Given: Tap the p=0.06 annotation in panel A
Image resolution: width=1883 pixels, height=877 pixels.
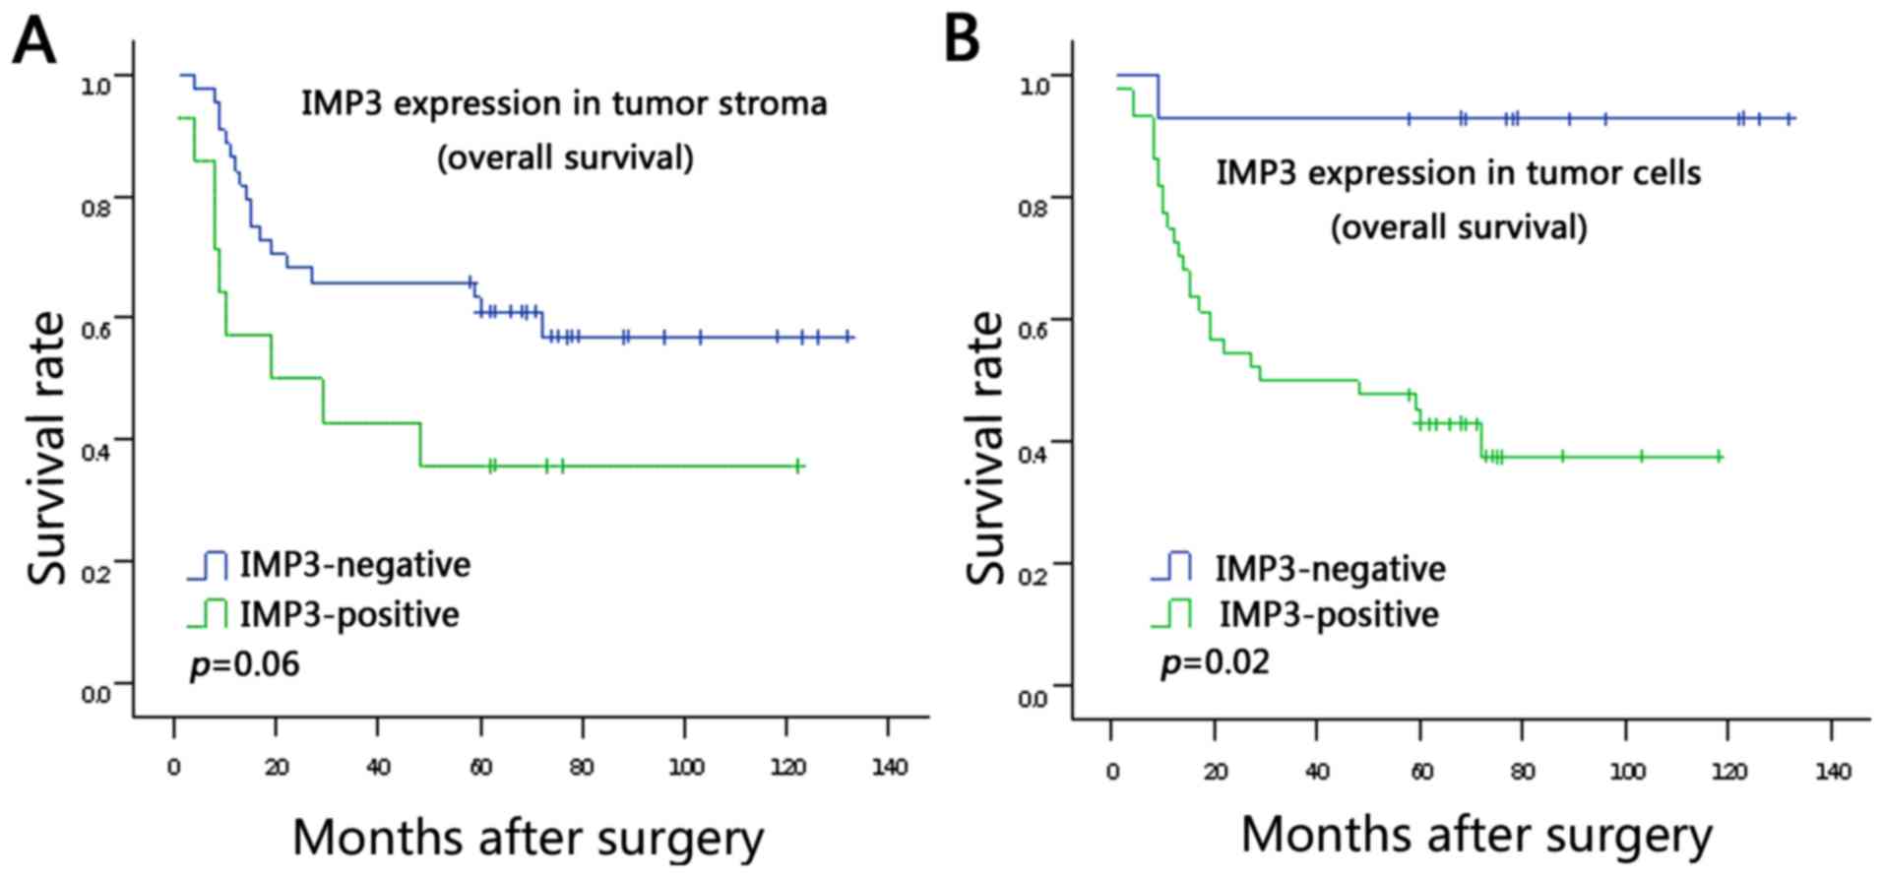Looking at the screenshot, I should (x=244, y=664).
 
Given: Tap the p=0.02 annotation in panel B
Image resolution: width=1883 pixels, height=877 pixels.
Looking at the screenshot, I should (x=1215, y=661).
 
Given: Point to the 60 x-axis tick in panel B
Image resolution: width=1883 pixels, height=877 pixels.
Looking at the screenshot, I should (x=1420, y=772).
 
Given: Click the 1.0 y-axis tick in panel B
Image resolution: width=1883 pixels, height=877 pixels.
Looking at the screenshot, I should (x=1033, y=85).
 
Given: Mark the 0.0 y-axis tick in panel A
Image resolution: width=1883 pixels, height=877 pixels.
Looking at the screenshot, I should (x=95, y=695).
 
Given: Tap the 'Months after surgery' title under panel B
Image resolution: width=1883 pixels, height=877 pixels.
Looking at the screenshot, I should (x=1476, y=836).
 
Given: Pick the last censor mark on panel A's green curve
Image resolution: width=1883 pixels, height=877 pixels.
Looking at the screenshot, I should (x=798, y=466).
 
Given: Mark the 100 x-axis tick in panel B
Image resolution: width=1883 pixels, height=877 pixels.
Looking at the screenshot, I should (x=1627, y=772).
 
